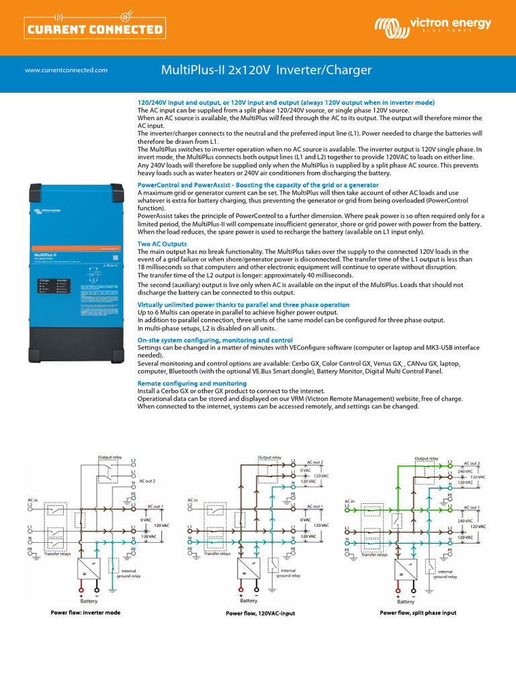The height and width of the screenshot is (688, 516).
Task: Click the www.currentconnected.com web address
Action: pyautogui.click(x=66, y=70)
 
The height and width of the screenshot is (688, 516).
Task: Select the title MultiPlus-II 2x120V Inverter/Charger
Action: pyautogui.click(x=266, y=71)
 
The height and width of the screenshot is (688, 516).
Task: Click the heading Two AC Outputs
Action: pyautogui.click(x=162, y=243)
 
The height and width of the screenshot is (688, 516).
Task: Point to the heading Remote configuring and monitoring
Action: pyautogui.click(x=191, y=383)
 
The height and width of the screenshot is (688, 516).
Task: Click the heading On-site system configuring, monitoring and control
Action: pyautogui.click(x=215, y=341)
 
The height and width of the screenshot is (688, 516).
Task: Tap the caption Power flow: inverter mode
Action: pyautogui.click(x=85, y=613)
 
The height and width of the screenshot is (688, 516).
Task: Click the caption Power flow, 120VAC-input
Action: pyautogui.click(x=260, y=613)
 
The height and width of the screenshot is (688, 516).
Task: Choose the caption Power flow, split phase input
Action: pyautogui.click(x=418, y=613)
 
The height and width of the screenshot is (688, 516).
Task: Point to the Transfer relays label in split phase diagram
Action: pyautogui.click(x=374, y=555)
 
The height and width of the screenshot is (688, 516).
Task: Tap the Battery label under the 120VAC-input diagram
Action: pyautogui.click(x=249, y=600)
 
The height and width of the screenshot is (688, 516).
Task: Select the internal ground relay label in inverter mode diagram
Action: pyautogui.click(x=128, y=573)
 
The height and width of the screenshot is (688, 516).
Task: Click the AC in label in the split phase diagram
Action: pyautogui.click(x=349, y=501)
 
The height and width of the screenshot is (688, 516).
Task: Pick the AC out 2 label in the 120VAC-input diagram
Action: pyautogui.click(x=314, y=463)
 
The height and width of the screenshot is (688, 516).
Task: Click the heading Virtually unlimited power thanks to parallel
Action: pyautogui.click(x=243, y=304)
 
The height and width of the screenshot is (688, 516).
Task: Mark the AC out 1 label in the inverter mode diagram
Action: pyautogui.click(x=155, y=506)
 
